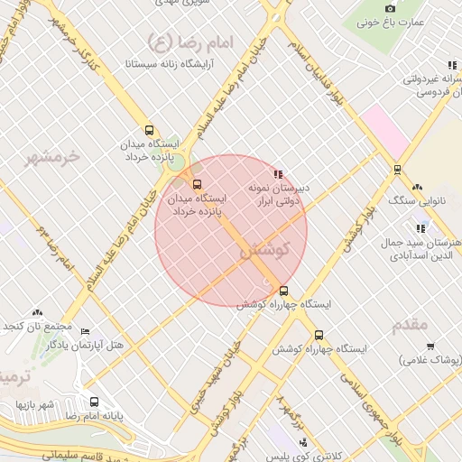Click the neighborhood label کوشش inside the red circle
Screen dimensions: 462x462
264,250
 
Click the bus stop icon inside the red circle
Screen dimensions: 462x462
198,184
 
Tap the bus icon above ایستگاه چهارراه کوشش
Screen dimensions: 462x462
284,291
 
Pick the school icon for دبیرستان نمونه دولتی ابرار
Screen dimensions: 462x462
278,173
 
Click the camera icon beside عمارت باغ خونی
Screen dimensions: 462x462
391,8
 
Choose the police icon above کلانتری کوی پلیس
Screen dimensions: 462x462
303,442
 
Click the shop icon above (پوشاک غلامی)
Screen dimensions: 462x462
430,346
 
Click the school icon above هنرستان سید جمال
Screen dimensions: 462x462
420,229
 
